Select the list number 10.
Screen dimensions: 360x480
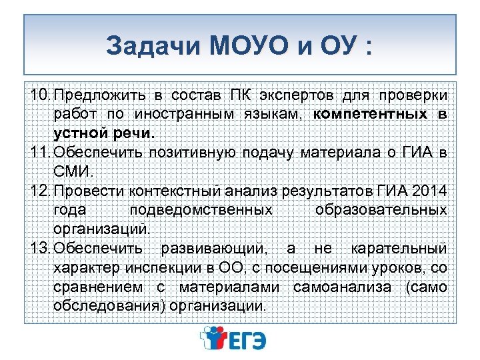[x=39, y=95]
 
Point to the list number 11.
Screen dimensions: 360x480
[x=39, y=153]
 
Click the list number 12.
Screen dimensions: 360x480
[x=39, y=191]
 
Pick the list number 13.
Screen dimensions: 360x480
[x=39, y=249]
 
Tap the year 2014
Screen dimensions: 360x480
[x=431, y=191]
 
